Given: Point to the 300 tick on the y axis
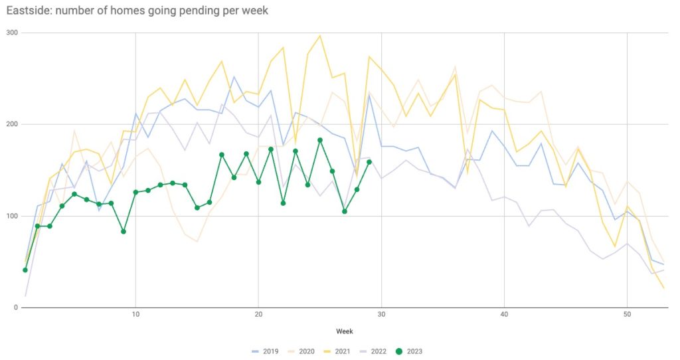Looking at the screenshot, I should point(12,33).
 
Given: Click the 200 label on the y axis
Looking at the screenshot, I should point(12,124).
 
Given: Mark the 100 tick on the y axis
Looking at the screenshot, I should point(12,216).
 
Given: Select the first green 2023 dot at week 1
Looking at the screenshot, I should point(25,270).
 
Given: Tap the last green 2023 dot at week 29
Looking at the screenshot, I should point(369,162).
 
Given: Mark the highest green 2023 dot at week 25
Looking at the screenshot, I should point(320,140).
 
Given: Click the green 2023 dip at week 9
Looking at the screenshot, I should point(124,231).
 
